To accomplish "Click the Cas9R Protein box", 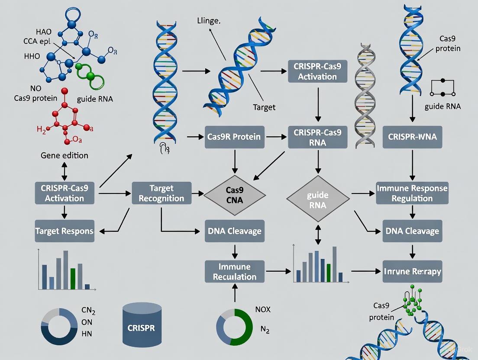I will point(234,137).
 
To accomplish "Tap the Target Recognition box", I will point(161,193).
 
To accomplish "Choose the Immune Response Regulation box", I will point(412,193).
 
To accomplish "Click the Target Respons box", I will point(65,231).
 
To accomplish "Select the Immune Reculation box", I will point(234,271).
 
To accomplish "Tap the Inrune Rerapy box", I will point(412,271).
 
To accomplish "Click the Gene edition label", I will point(65,155).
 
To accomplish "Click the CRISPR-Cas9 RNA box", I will point(317,137).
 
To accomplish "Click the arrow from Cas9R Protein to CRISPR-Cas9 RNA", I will point(276,137).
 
